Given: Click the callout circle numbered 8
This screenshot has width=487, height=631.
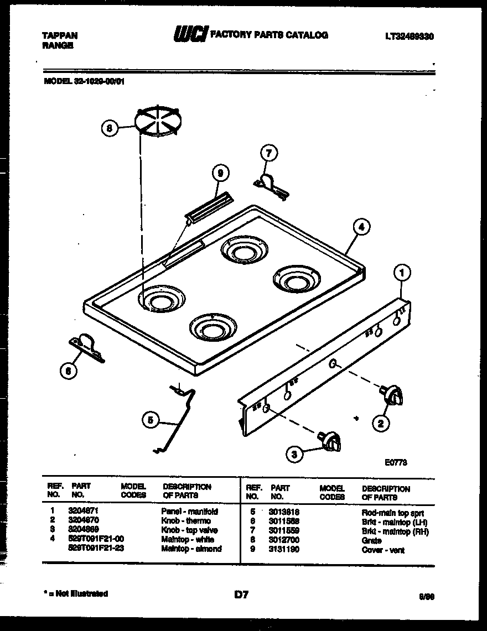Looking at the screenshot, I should click(x=110, y=128).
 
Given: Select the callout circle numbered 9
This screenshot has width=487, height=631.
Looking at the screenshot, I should click(x=220, y=174).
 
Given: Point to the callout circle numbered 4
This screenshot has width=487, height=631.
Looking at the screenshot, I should click(x=361, y=226).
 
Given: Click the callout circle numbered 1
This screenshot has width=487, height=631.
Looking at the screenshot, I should click(x=402, y=272).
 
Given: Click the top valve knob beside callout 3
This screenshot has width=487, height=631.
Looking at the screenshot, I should click(x=331, y=441).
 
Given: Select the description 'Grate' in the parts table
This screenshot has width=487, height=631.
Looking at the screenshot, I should click(x=371, y=541).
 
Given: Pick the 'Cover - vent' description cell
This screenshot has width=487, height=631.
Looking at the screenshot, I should click(x=383, y=550).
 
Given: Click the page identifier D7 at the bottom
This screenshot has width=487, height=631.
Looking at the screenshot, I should click(x=241, y=595).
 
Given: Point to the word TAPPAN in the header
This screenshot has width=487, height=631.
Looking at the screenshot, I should click(x=60, y=35).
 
